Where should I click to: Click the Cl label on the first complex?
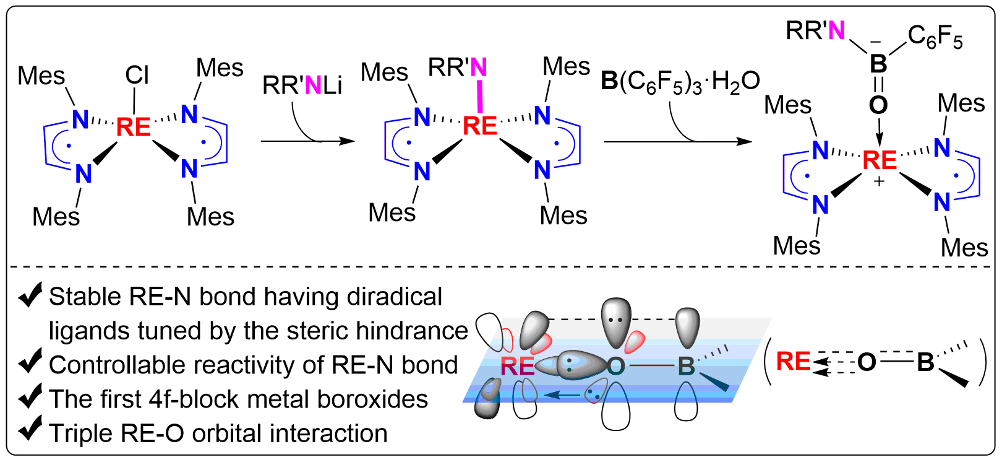(x=137, y=76)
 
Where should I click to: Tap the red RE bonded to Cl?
(x=133, y=127)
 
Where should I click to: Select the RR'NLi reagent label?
(x=302, y=85)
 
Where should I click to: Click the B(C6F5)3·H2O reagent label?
(x=680, y=82)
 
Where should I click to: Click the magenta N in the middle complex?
(x=479, y=68)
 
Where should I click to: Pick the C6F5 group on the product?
(x=935, y=37)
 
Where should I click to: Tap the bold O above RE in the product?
(x=878, y=105)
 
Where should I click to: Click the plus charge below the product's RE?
(x=879, y=182)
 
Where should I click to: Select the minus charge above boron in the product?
(x=876, y=41)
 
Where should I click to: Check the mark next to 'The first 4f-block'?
(x=30, y=396)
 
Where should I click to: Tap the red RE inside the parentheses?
(x=793, y=362)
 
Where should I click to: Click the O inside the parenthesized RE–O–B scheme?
(x=867, y=362)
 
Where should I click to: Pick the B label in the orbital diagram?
(x=686, y=367)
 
